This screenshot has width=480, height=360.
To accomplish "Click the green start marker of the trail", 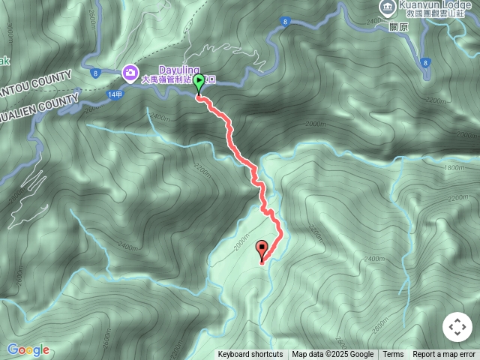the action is pyautogui.click(x=199, y=83).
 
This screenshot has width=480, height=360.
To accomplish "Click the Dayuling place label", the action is pyautogui.click(x=178, y=70).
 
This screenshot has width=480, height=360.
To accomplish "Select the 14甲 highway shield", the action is pyautogui.click(x=114, y=95).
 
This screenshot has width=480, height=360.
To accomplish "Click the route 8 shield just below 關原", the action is pyautogui.click(x=425, y=62).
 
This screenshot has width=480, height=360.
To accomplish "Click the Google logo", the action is pyautogui.click(x=28, y=349).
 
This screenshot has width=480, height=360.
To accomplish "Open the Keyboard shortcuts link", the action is pyautogui.click(x=250, y=355).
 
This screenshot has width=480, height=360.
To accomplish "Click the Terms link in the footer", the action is pyautogui.click(x=393, y=355).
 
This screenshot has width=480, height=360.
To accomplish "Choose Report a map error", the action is pyautogui.click(x=444, y=355).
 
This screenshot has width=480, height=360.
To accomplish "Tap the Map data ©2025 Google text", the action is pyautogui.click(x=332, y=355).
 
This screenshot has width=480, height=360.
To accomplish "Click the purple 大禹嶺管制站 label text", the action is pyautogui.click(x=169, y=79).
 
